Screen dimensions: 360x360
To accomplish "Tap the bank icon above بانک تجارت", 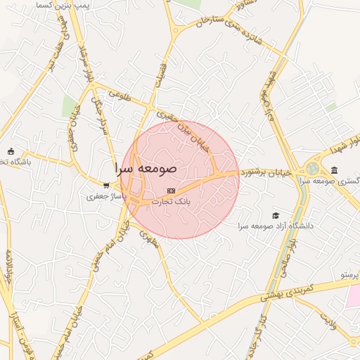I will [x=171, y=191].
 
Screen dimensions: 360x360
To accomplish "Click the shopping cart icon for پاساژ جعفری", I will [x=105, y=186].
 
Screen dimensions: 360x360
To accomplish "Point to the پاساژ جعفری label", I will [x=107, y=197].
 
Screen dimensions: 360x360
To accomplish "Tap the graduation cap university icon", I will [x=276, y=215].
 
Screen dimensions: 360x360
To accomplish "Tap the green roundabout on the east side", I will [x=311, y=169].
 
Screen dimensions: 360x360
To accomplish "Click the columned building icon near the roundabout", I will [x=334, y=170].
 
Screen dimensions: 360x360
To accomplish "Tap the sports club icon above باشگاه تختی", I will [x=11, y=151].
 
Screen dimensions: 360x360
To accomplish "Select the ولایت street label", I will [x=330, y=321].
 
